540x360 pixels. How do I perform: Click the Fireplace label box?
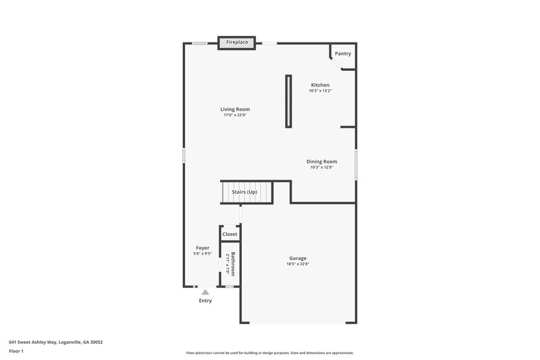[236, 43]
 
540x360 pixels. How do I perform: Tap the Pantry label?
[343, 53]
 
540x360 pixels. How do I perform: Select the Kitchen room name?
[320, 85]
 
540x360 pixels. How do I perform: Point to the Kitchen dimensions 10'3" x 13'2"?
[320, 91]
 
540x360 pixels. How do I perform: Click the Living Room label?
[235, 109]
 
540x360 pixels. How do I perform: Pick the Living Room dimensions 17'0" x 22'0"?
[235, 115]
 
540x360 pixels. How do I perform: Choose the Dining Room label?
[322, 161]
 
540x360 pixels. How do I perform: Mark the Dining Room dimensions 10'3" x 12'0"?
[322, 168]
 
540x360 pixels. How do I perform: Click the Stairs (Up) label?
[244, 192]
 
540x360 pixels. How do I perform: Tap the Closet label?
[230, 234]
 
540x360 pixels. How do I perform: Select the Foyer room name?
[202, 248]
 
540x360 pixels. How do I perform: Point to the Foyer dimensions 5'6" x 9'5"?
[202, 254]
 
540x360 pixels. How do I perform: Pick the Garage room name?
[298, 258]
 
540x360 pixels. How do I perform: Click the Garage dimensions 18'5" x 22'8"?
[298, 264]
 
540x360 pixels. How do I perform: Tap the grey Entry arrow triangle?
[205, 292]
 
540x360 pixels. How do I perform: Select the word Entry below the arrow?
[205, 301]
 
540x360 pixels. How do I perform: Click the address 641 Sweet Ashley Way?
[55, 342]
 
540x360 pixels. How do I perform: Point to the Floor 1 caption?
[16, 351]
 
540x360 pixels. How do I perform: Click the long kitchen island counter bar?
[289, 101]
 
